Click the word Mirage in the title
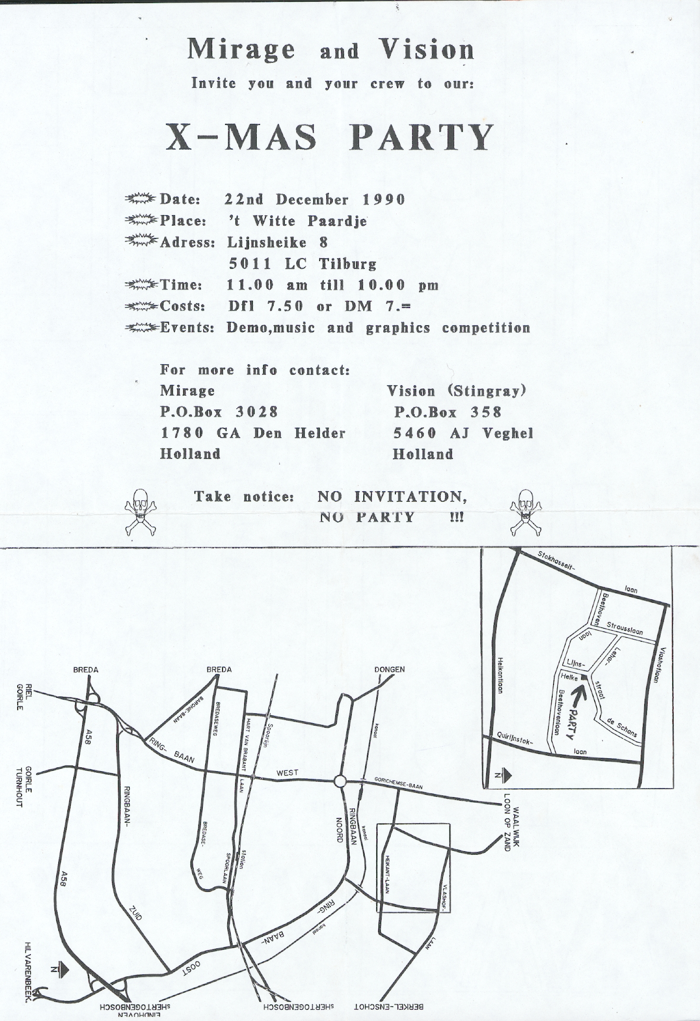(x=241, y=49)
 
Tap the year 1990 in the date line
(x=383, y=200)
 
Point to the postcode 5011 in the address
(x=250, y=264)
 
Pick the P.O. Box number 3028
(x=257, y=412)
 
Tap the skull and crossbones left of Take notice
(x=139, y=512)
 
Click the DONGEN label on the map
(x=389, y=670)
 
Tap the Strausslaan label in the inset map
(x=624, y=628)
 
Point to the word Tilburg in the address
(x=347, y=264)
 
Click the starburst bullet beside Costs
(x=140, y=306)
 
